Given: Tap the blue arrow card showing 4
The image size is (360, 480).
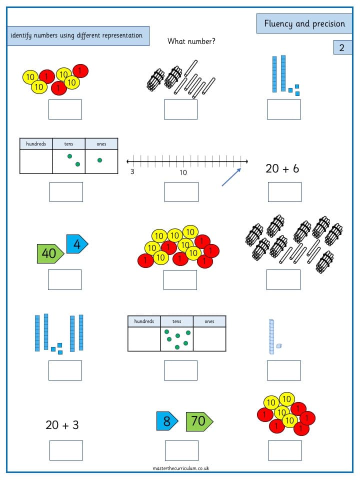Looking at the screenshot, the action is (77, 244).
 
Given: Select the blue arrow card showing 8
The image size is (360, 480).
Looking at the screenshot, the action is (167, 421).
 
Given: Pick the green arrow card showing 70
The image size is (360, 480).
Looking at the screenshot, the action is (199, 421).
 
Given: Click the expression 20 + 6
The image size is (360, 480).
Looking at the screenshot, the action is (282, 168).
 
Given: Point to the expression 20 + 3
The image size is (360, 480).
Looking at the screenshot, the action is (62, 425).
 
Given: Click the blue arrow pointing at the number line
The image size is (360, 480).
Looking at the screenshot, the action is (231, 177).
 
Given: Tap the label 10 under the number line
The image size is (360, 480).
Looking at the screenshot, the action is (183, 172).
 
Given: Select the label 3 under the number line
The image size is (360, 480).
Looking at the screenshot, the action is (132, 171).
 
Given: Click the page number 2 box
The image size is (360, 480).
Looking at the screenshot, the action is (342, 47).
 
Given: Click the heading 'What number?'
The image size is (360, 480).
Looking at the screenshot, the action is (191, 41).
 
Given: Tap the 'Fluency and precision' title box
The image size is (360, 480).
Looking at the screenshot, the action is (304, 23).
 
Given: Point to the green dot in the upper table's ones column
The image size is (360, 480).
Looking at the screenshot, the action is (100, 160).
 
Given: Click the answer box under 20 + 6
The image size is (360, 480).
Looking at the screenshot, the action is (284, 192).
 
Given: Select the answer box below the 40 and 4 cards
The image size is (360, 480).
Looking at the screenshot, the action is (64, 280).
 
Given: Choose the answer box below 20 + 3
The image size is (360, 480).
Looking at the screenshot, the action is (66, 450).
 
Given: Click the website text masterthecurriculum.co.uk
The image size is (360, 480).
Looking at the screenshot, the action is (181, 468).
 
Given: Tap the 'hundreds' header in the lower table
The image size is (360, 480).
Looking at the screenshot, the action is (144, 321).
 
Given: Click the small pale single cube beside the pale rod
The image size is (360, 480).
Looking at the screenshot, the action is (279, 346).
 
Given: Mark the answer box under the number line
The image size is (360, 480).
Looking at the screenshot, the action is (181, 192).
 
